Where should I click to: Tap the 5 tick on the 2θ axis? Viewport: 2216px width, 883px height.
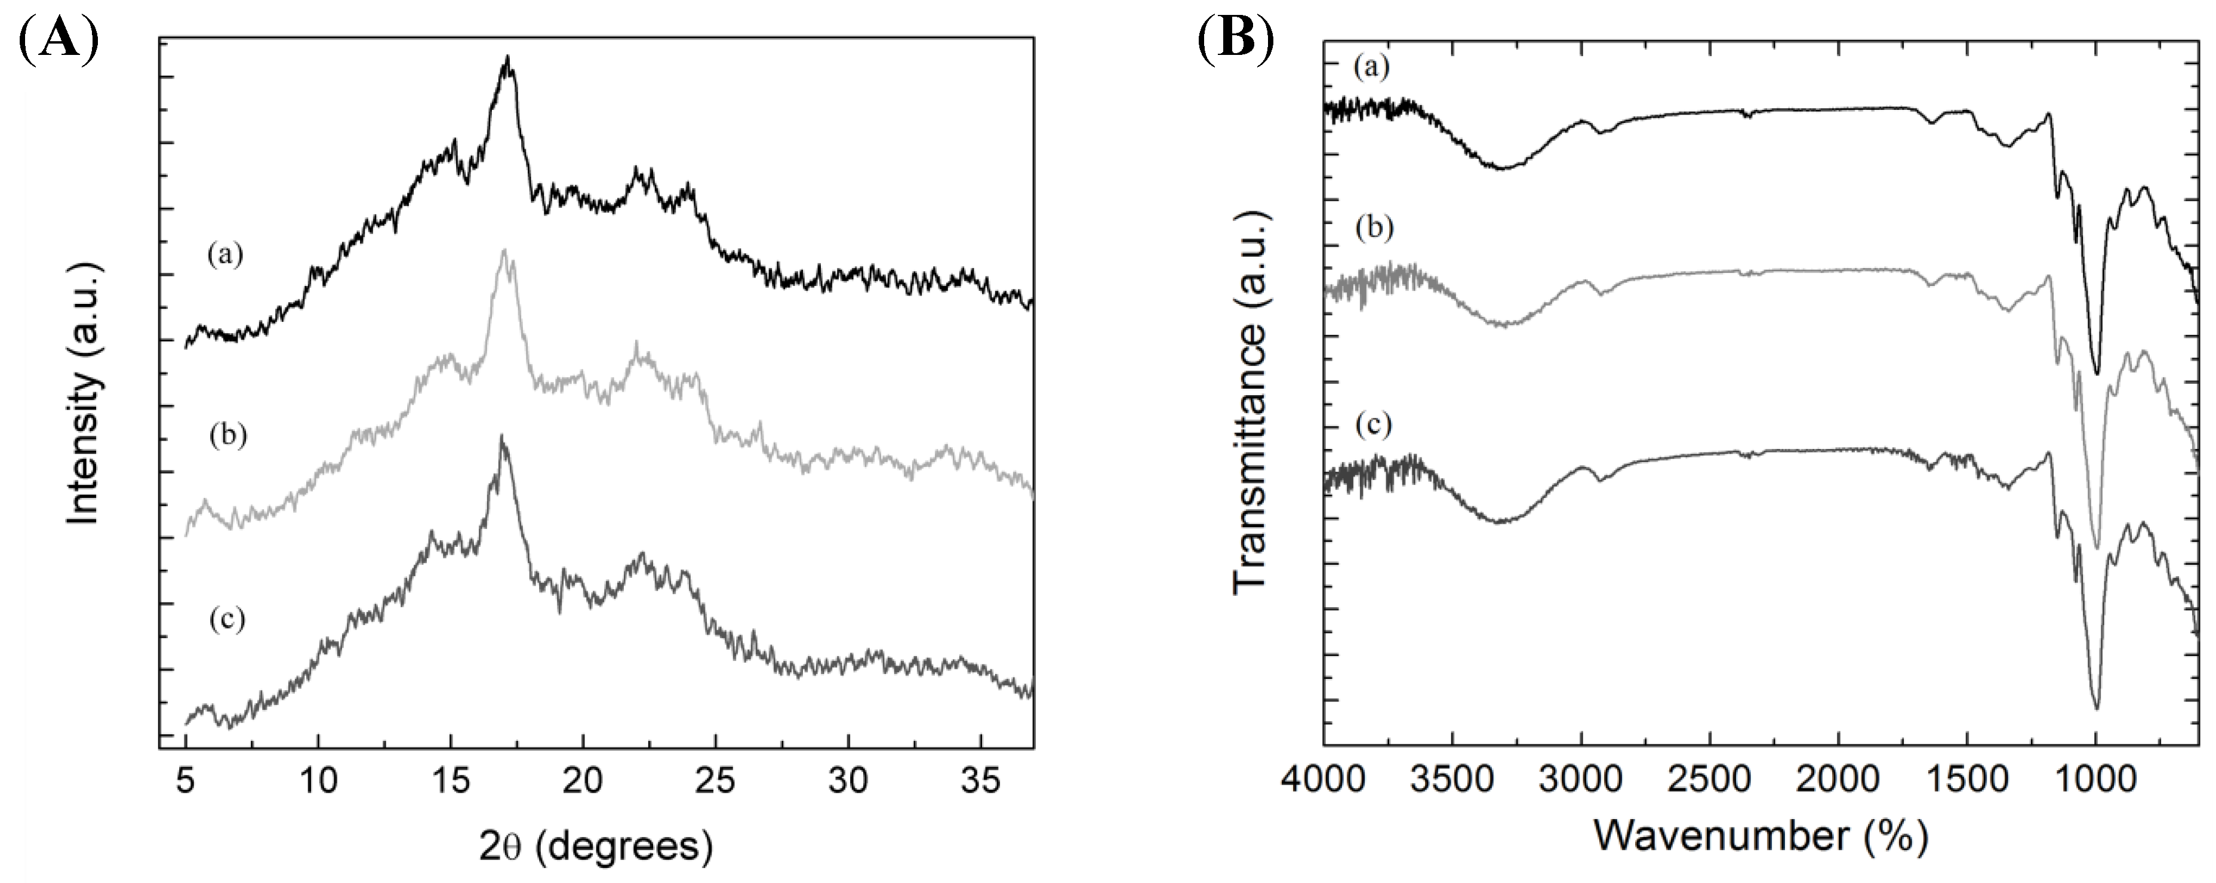(x=186, y=782)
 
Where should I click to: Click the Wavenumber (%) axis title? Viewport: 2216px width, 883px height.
(x=1760, y=835)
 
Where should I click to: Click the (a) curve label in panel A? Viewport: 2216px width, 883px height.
(x=226, y=256)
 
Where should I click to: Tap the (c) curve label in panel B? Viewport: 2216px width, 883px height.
(x=1373, y=425)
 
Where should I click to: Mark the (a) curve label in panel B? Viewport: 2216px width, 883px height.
(x=1371, y=66)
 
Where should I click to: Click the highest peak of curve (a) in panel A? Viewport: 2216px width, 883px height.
(x=507, y=58)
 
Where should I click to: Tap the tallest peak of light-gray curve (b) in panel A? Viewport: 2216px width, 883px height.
(x=504, y=250)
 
